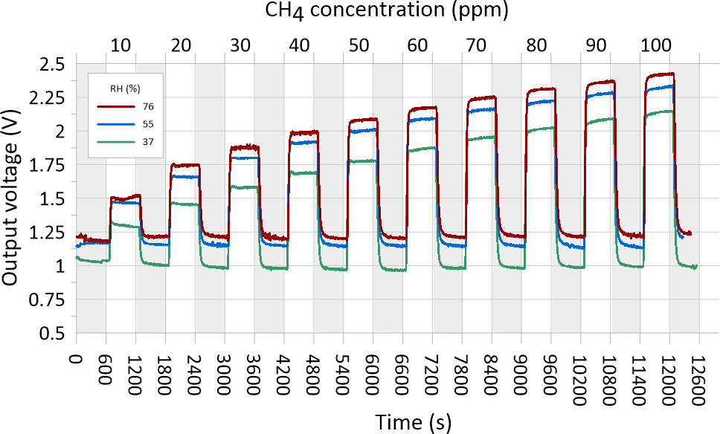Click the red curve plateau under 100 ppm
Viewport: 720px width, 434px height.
point(659,74)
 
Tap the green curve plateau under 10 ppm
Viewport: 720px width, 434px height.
point(124,224)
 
